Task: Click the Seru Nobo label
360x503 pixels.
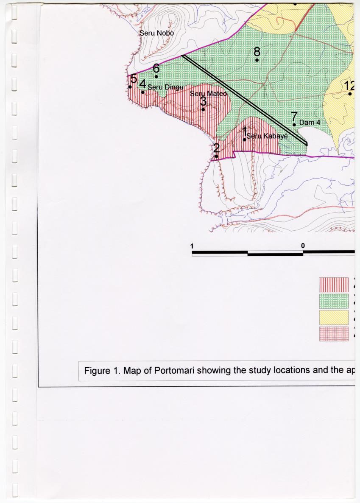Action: coord(157,33)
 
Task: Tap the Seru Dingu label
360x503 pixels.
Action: coord(165,87)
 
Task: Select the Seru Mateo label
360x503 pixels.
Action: coord(209,93)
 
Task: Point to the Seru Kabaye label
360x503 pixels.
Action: coord(267,136)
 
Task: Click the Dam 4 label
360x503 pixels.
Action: coord(309,123)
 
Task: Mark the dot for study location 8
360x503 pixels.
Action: coord(257,60)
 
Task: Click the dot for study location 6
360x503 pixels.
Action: coord(156,76)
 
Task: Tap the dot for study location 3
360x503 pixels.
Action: coord(203,109)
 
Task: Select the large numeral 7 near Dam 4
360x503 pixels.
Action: coord(294,116)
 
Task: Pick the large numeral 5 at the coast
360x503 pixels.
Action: coord(134,78)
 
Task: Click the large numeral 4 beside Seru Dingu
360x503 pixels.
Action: coord(143,84)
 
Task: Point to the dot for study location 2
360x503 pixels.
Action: coord(216,156)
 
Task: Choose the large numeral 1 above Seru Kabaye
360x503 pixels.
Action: coord(245,131)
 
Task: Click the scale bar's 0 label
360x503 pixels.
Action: coord(303,246)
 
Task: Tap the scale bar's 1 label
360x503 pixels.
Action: coord(192,246)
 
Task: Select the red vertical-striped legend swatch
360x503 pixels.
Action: coord(333,285)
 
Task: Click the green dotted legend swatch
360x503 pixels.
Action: coord(333,301)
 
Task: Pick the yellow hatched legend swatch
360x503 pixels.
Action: coord(333,317)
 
